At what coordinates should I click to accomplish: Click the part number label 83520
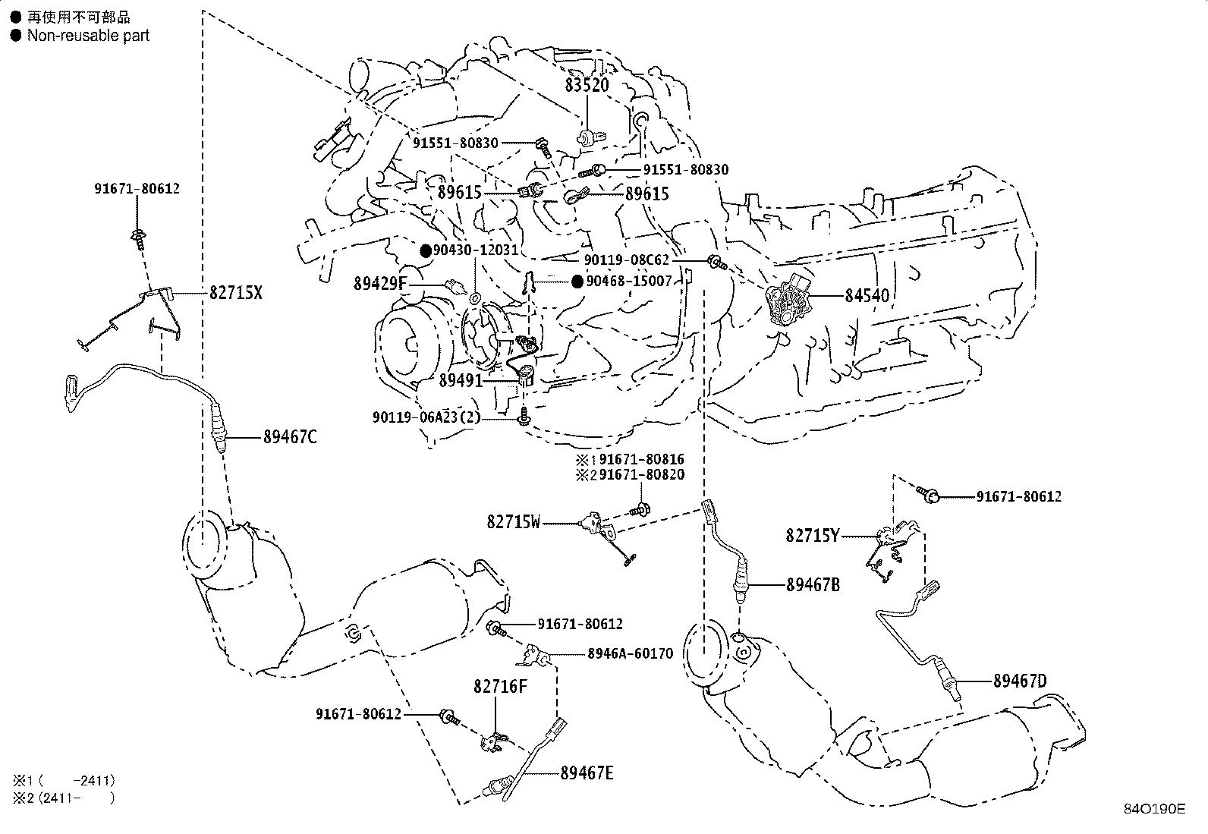click(587, 85)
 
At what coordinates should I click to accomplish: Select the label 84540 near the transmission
click(867, 296)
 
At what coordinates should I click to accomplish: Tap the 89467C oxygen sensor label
click(290, 437)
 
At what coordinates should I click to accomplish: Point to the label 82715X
click(235, 293)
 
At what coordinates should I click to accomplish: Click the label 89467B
click(813, 585)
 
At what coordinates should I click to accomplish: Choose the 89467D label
click(1020, 681)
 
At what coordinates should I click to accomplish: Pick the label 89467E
click(587, 773)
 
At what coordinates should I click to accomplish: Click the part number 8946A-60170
click(629, 653)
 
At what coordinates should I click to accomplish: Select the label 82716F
click(499, 687)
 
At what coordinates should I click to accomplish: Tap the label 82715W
click(514, 522)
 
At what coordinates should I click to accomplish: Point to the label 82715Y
click(813, 536)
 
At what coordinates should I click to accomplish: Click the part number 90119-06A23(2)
click(426, 417)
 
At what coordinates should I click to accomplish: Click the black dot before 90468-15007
click(577, 282)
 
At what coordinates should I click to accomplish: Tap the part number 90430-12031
click(476, 250)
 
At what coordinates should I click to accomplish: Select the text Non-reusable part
click(88, 36)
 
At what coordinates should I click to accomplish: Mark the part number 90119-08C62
click(627, 260)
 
